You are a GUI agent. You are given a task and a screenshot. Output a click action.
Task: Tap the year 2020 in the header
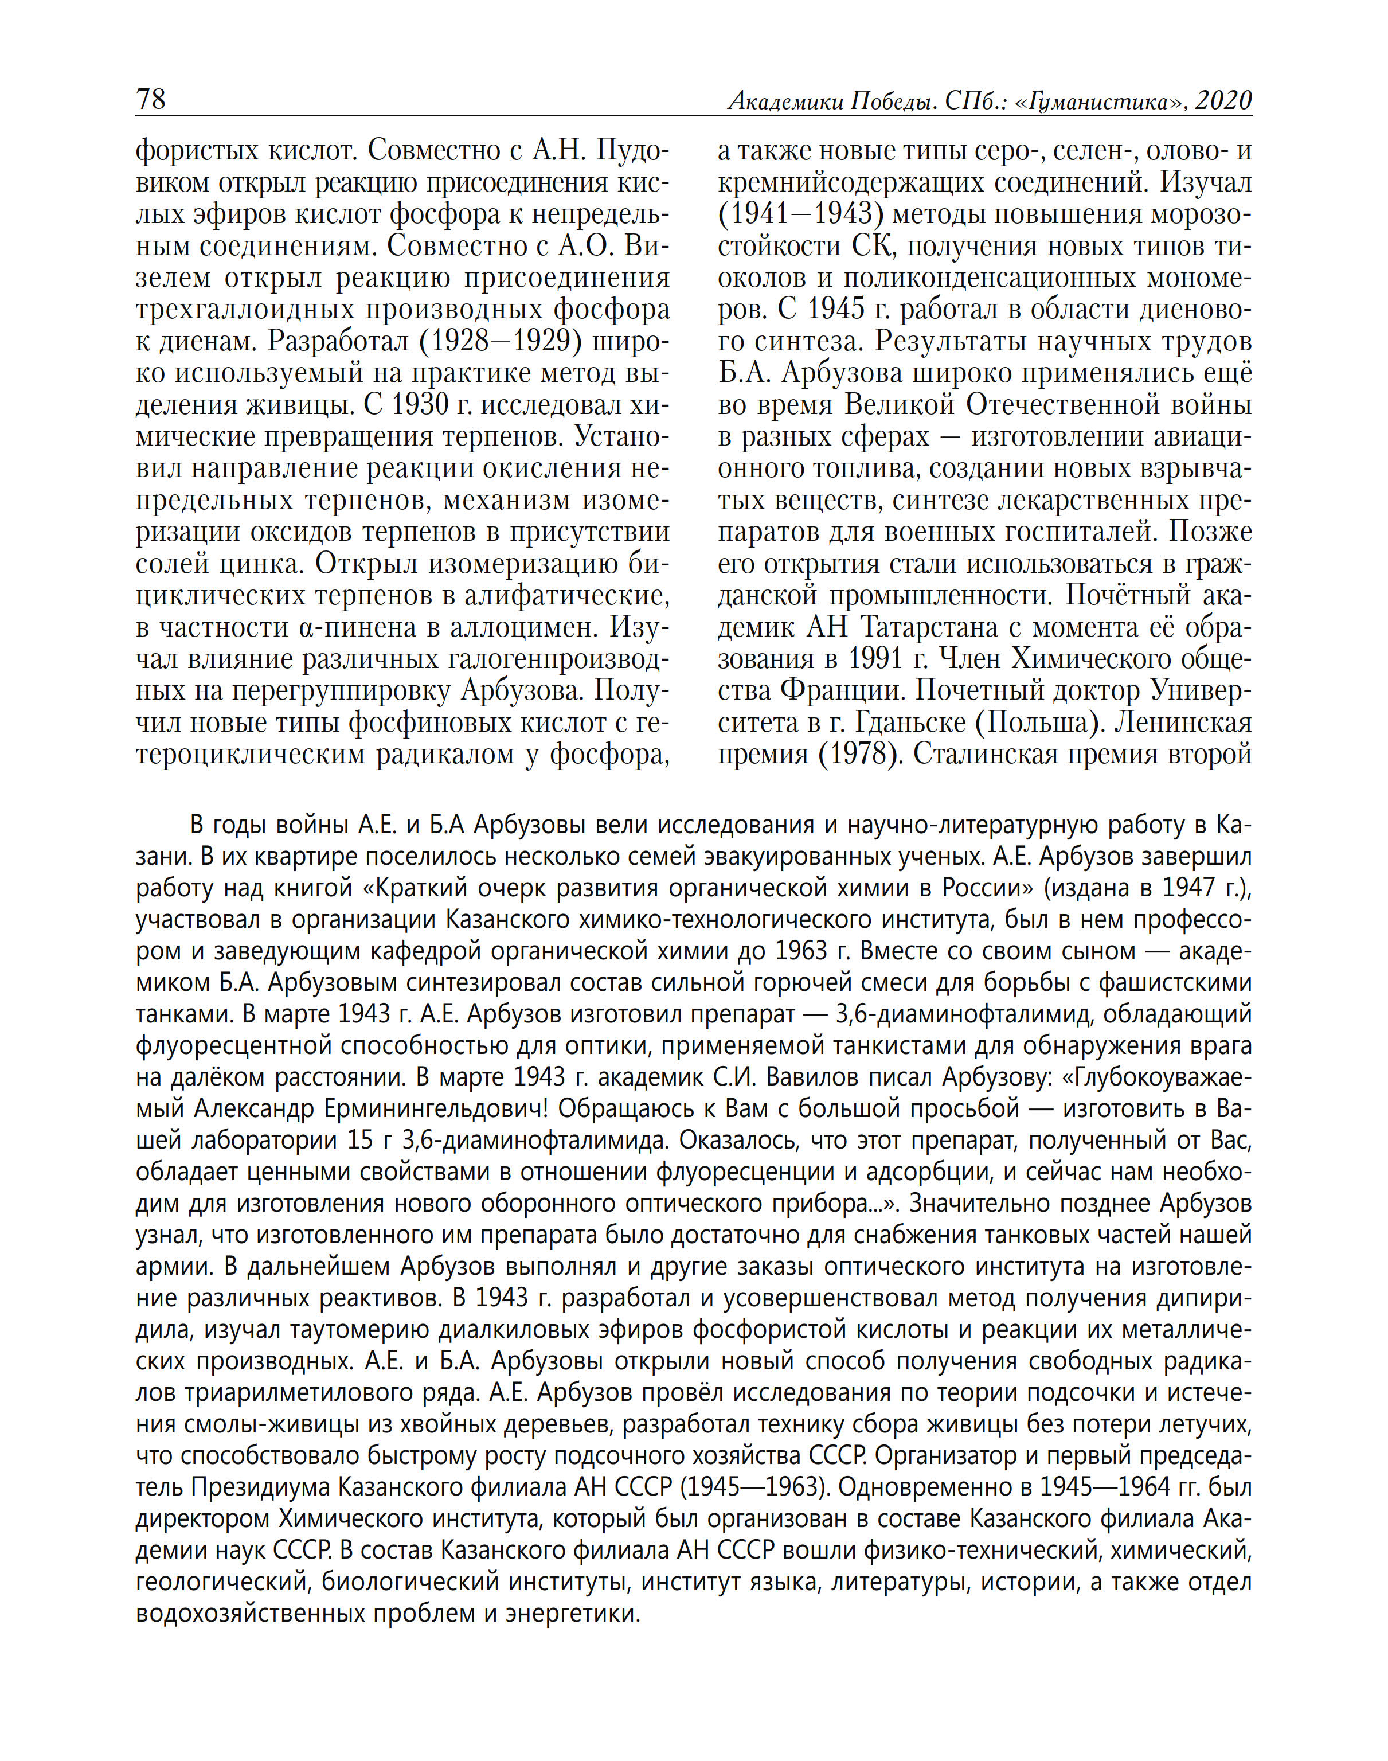click(x=1223, y=101)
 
